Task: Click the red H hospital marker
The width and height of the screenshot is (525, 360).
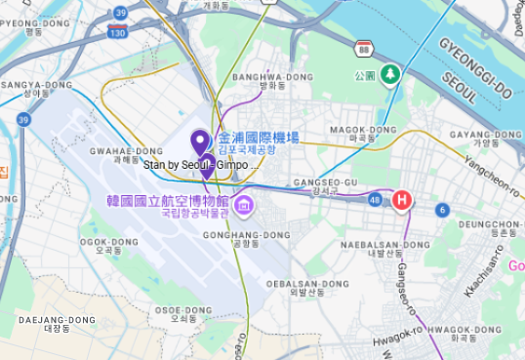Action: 401,200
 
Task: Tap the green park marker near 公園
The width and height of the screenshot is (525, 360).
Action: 390,73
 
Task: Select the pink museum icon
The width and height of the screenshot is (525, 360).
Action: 243,206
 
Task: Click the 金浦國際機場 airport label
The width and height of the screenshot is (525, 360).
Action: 259,139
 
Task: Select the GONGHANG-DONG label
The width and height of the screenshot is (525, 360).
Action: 247,235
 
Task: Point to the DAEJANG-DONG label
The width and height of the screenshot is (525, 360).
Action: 57,320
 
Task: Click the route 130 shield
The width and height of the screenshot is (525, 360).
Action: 117,33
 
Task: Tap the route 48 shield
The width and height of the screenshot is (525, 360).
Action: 376,199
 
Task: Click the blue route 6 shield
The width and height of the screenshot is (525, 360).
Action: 442,210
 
